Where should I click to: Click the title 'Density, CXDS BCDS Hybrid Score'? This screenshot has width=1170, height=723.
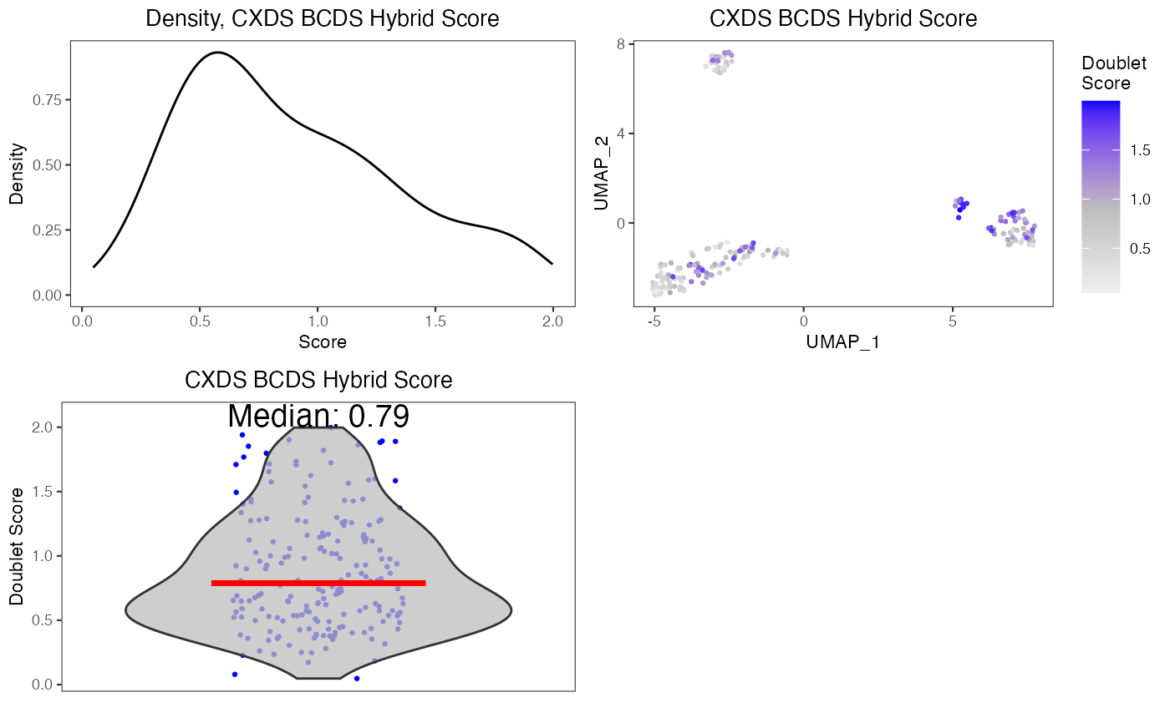point(322,19)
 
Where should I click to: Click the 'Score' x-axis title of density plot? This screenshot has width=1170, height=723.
point(322,341)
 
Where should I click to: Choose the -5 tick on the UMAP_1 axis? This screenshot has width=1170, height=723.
point(654,321)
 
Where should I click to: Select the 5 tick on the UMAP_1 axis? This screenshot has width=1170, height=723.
point(953,321)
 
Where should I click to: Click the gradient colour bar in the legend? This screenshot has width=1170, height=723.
point(1100,196)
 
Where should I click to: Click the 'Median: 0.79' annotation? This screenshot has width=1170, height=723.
point(318,417)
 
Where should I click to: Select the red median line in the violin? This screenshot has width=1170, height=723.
point(318,583)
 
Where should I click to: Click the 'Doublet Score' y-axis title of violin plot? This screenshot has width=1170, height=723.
point(17,547)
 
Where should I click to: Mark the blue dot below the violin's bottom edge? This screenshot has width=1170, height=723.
point(357,678)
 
